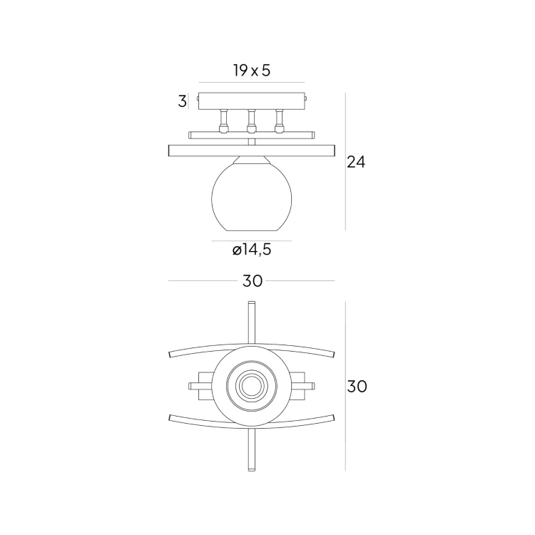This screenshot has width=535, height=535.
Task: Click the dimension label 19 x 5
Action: tap(252, 71)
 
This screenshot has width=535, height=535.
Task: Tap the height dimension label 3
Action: tap(182, 101)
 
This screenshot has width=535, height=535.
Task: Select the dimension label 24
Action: tap(356, 162)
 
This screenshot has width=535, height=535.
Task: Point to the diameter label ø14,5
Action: tap(252, 250)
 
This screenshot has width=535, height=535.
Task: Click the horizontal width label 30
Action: tap(253, 281)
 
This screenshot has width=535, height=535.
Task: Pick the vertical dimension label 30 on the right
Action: tap(357, 387)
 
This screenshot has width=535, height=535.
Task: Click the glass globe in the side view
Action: tap(252, 197)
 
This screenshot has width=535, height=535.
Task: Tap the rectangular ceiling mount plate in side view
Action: tap(252, 101)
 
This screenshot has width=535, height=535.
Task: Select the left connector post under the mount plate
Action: tap(223, 121)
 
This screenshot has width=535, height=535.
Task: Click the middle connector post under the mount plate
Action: tap(252, 121)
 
